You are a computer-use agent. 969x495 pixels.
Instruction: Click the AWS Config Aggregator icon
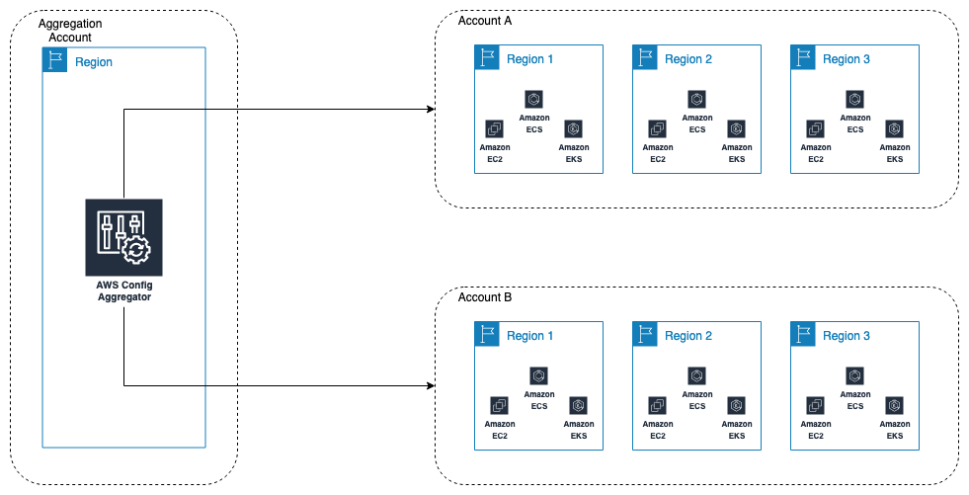[x=123, y=236]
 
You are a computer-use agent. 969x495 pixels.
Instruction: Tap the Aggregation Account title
[x=69, y=30]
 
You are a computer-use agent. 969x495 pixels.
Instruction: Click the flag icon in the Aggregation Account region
[x=54, y=61]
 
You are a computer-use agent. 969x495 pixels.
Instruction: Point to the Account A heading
[x=485, y=21]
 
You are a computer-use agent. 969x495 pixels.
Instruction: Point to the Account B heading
[x=485, y=297]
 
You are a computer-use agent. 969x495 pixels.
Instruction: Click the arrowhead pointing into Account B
[x=431, y=385]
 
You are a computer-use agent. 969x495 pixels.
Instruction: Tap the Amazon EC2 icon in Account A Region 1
[x=495, y=128]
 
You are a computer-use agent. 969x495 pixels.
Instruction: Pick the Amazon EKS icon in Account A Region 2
[x=736, y=128]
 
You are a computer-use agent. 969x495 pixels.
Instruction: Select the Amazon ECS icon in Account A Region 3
[x=855, y=99]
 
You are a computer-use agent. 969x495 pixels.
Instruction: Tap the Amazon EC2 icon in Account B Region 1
[x=499, y=405]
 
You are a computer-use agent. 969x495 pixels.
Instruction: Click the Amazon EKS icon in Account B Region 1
[x=578, y=405]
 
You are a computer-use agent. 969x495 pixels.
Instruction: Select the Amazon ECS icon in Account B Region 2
[x=697, y=375]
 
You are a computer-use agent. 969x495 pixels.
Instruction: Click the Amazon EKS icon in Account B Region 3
[x=894, y=405]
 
